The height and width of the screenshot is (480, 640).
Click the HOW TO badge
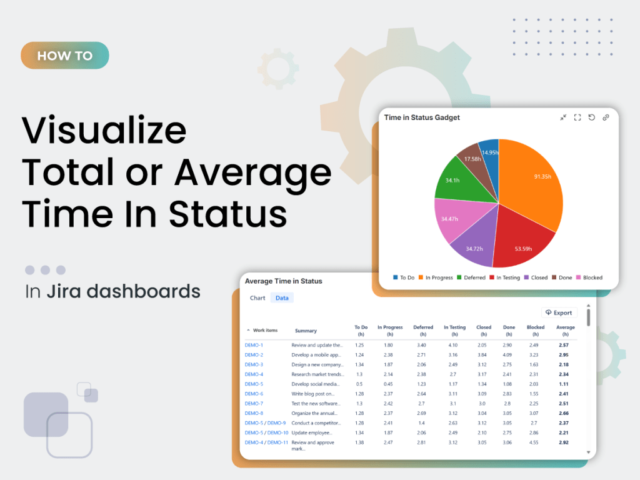(x=64, y=56)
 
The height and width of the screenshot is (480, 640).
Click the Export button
(x=559, y=312)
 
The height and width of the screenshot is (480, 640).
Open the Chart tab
(x=257, y=298)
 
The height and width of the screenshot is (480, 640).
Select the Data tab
(x=282, y=298)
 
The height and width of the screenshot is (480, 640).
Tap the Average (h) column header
(x=565, y=330)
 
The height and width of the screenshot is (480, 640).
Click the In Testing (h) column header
(x=454, y=330)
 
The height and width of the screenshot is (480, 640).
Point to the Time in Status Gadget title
(x=422, y=117)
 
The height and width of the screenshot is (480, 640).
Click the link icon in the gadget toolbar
(x=606, y=117)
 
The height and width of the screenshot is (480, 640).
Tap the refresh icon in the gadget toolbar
(x=591, y=117)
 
